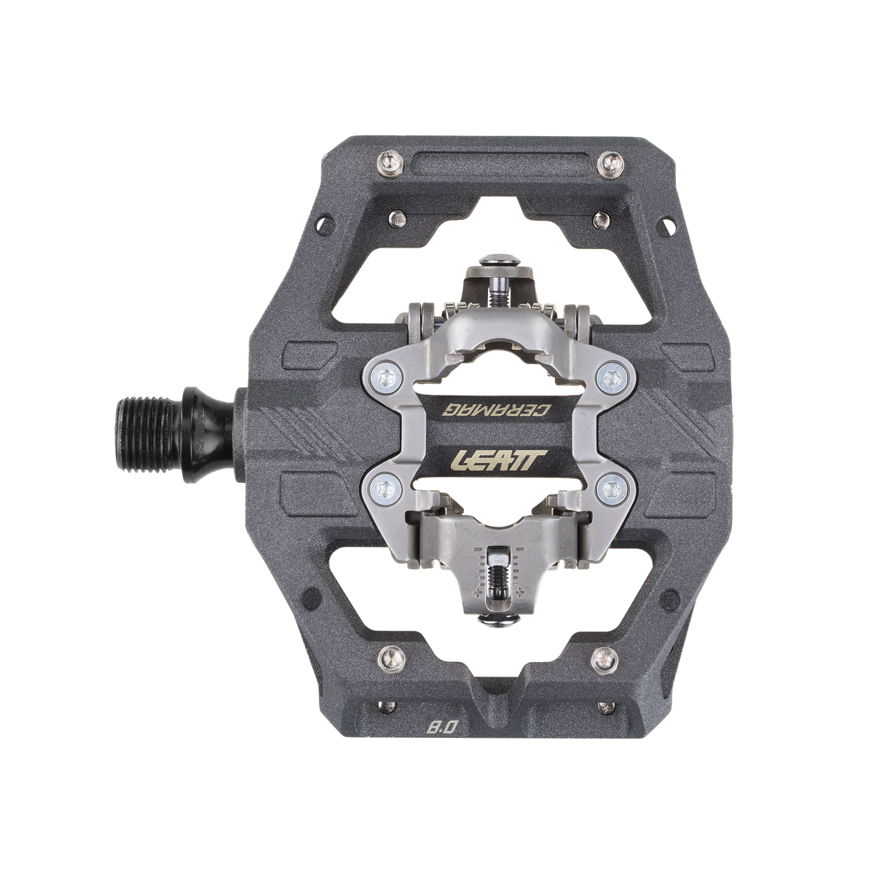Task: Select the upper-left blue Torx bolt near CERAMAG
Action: pos(377,376)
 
